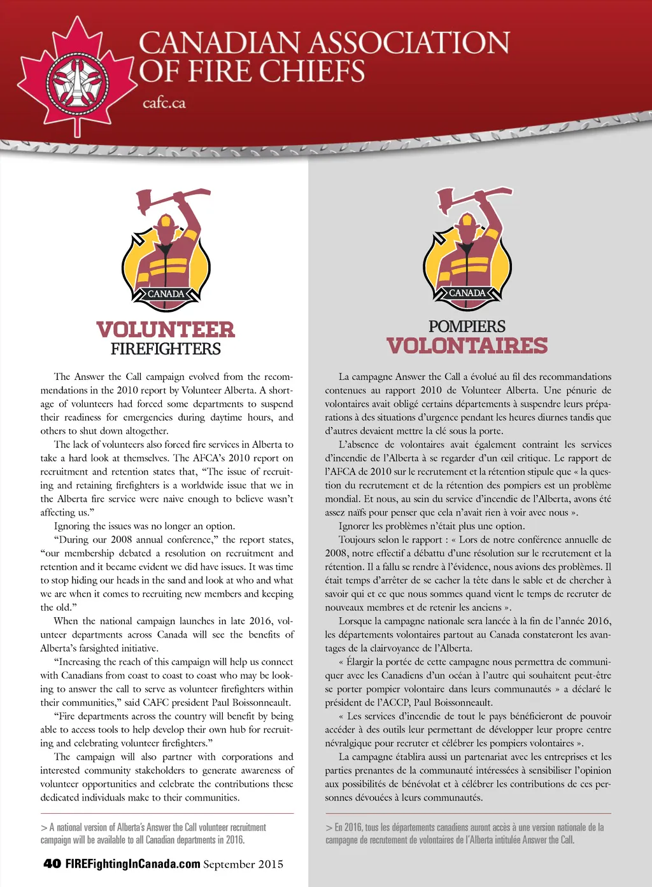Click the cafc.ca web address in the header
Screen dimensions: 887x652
coord(164,102)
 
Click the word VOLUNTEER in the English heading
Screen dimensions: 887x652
coord(166,330)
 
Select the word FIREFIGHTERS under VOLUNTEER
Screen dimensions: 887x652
coord(166,349)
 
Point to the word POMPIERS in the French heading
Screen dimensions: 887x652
coord(467,326)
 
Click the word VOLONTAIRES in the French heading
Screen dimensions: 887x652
coord(467,346)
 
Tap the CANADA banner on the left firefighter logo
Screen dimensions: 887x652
coord(166,294)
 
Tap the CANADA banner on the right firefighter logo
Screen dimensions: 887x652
coord(467,293)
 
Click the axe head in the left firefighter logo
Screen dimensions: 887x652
coord(146,199)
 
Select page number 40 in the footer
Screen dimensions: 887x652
coord(52,863)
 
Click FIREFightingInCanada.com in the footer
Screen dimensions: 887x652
coord(133,863)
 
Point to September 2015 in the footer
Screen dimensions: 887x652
coord(243,864)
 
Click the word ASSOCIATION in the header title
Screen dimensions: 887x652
coord(410,43)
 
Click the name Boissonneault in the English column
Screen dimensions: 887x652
coord(259,702)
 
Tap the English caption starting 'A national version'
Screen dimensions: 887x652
coord(153,834)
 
